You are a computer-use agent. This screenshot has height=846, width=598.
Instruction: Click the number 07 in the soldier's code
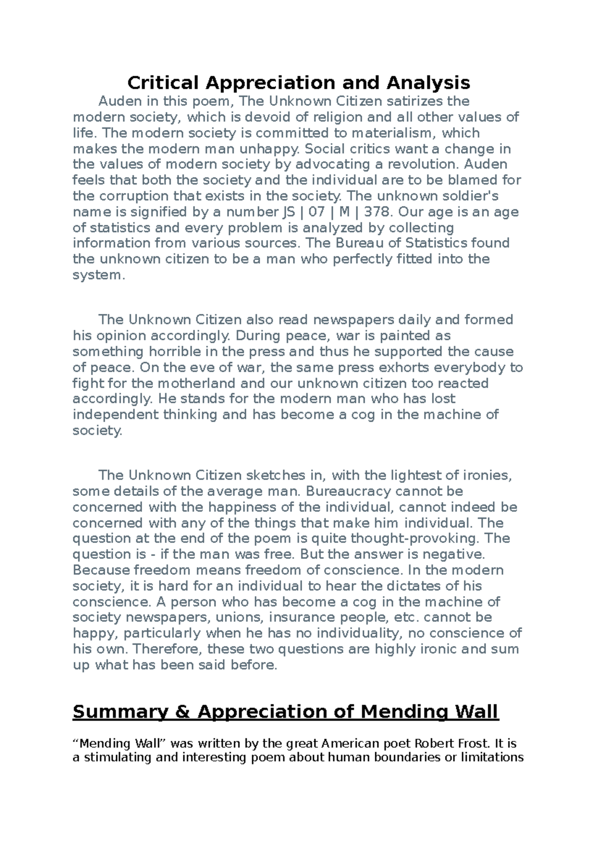(316, 212)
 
